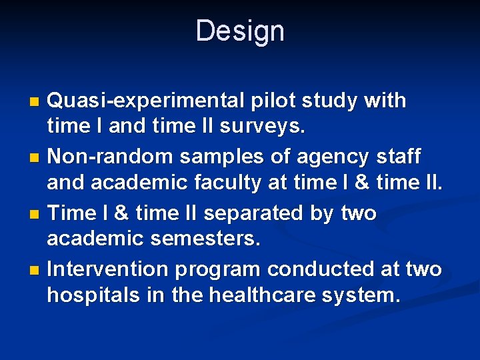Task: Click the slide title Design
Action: [240, 31]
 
